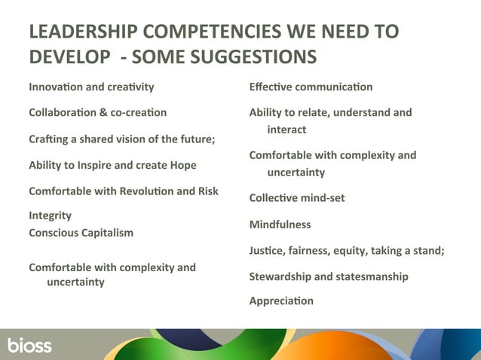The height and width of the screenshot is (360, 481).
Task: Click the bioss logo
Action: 29,346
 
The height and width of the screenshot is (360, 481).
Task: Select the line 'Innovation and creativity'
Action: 91,87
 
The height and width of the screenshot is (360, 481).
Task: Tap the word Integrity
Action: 50,215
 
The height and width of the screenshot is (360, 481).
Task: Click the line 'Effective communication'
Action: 311,87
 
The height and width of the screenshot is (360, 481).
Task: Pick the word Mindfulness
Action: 280,224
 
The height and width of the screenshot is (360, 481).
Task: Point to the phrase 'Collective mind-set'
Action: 296,198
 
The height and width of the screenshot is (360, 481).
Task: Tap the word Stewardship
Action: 280,276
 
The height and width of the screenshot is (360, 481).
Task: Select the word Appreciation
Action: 281,301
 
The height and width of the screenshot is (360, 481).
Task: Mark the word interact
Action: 286,130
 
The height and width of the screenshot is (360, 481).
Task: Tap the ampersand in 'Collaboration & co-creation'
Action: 104,112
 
